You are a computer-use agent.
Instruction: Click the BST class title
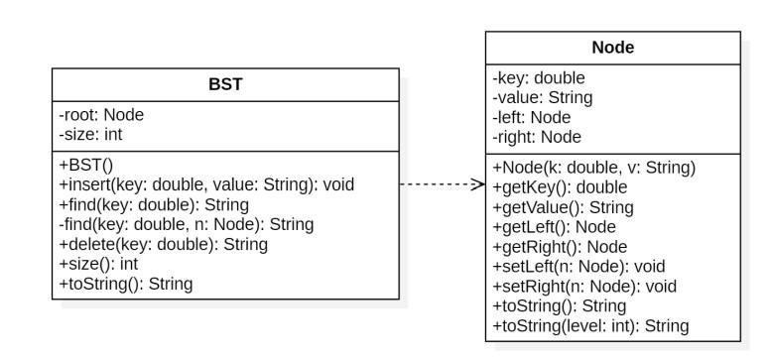224,84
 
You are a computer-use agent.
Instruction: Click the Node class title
612,48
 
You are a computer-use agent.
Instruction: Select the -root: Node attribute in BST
102,115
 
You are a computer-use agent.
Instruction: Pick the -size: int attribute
91,134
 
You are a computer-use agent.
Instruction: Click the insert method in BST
206,184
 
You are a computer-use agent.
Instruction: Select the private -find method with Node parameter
187,224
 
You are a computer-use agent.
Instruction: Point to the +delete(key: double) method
163,244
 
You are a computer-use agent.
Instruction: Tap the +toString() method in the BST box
126,284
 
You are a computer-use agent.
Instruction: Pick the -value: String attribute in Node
543,97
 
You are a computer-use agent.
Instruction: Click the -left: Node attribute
533,117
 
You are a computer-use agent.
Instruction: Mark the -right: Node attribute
537,137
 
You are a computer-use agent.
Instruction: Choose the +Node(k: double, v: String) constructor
594,167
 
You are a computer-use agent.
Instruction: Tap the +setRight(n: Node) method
584,286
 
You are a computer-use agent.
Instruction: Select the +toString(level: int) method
591,325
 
